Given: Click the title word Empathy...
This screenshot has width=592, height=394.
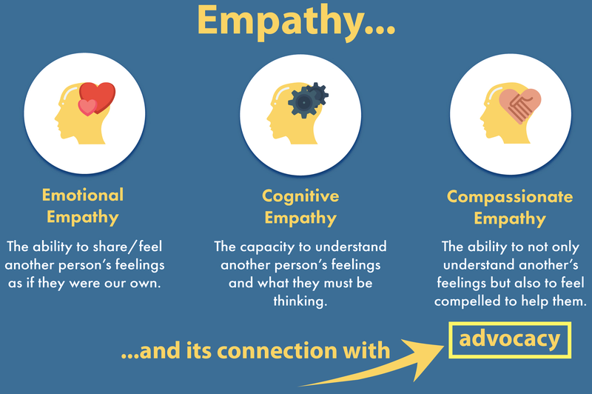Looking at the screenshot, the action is click(x=281, y=23).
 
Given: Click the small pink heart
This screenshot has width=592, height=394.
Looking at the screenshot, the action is click(x=87, y=107).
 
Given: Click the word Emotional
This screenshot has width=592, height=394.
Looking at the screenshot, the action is click(x=83, y=195).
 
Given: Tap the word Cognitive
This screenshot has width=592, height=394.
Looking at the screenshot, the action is click(x=300, y=196).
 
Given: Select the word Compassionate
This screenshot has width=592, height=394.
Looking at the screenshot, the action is click(x=510, y=197).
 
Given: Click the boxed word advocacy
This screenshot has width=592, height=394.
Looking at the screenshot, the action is click(x=510, y=339).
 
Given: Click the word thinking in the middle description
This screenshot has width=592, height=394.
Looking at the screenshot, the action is click(x=300, y=301).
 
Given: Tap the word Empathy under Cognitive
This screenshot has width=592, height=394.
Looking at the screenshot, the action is click(x=300, y=218).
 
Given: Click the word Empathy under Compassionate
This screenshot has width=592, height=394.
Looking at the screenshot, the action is click(x=510, y=219).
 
